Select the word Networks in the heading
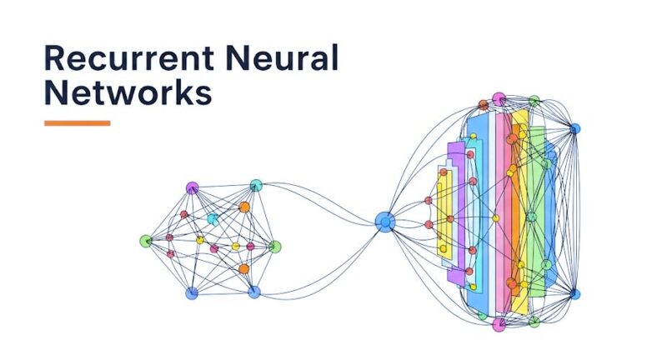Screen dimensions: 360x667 click(x=127, y=92)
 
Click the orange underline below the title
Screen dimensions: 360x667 click(x=77, y=123)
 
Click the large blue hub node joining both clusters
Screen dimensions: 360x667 click(x=384, y=222)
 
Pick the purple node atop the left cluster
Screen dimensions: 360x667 click(x=193, y=187)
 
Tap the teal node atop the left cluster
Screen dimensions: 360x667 click(x=256, y=185)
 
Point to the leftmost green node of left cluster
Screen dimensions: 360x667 click(x=145, y=241)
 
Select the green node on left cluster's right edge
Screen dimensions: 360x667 click(x=275, y=247)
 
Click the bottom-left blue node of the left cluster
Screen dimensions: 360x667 click(x=192, y=293)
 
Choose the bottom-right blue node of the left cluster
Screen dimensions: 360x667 click(x=254, y=292)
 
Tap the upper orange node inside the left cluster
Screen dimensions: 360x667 click(x=244, y=207)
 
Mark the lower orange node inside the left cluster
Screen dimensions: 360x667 click(x=243, y=269)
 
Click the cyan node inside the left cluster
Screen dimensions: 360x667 click(x=213, y=220)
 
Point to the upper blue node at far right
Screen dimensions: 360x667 click(x=574, y=128)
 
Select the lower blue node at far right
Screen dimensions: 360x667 click(x=574, y=294)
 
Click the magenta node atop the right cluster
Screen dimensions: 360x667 click(x=499, y=99)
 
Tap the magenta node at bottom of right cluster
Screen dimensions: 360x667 click(x=499, y=323)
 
